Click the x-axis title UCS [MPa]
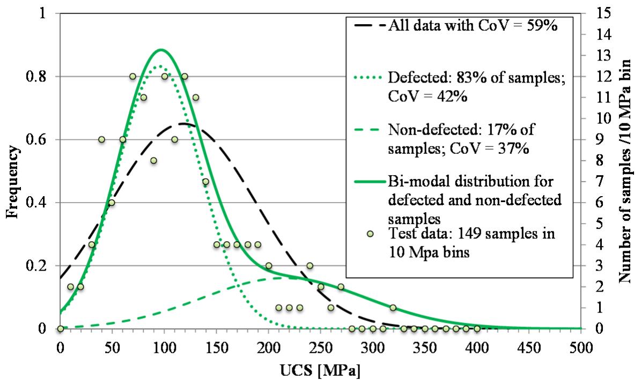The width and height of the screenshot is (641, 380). click(x=320, y=370)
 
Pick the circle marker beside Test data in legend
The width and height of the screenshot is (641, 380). click(x=371, y=234)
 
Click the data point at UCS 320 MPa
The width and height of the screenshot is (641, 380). click(x=393, y=308)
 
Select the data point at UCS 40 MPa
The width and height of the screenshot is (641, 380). click(x=101, y=139)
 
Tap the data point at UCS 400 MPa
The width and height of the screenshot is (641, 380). click(x=476, y=329)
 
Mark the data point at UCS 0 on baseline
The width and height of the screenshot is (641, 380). click(x=60, y=329)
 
